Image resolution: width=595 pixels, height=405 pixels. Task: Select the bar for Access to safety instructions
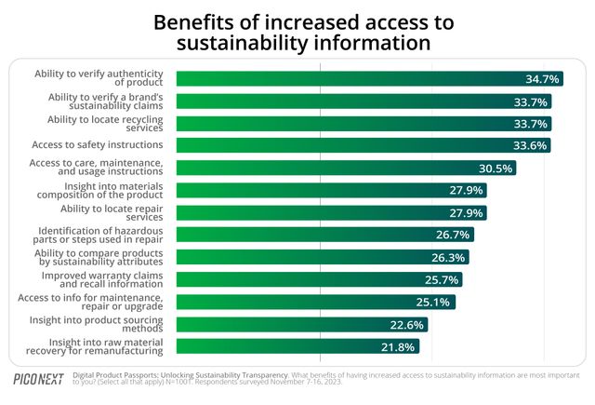[x=363, y=145]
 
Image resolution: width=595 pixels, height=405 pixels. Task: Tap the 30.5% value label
[x=496, y=169]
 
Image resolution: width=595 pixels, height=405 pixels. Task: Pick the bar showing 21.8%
[x=297, y=346]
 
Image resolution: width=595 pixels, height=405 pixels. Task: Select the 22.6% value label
[x=408, y=325]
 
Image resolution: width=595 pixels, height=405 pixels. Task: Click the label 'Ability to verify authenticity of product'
[x=99, y=78]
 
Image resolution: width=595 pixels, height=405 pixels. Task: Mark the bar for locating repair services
[x=330, y=212]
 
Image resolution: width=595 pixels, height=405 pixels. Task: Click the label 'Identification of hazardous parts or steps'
[x=100, y=235]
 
